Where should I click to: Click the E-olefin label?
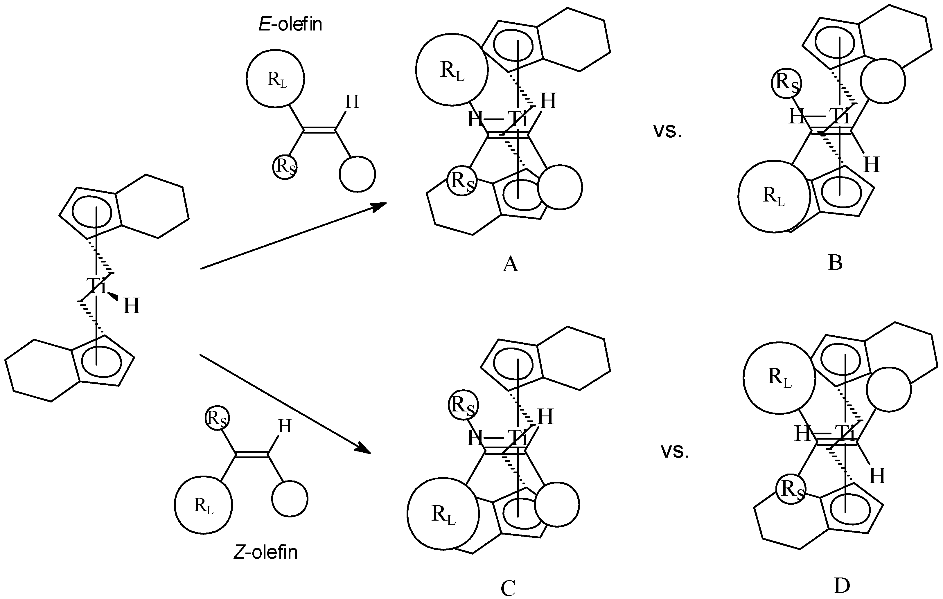point(290,24)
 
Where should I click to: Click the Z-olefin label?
point(265,552)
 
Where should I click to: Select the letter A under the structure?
point(510,264)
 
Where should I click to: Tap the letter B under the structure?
point(835,263)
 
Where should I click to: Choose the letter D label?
point(842,586)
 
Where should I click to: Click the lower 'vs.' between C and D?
point(675,452)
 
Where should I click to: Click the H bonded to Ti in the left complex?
point(131,306)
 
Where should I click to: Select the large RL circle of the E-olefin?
point(275,78)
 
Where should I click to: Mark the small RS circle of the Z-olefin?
point(217,418)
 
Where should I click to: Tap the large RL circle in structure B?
point(774,196)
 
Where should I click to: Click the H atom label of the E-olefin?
point(352,102)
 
